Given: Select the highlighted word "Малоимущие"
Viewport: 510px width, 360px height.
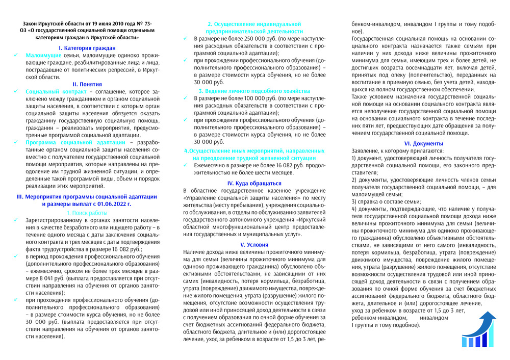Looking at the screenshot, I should pos(43,55).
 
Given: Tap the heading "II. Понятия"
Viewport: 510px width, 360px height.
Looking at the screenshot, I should pos(87,84).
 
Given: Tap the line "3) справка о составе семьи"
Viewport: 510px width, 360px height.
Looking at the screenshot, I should pos(386,201).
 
